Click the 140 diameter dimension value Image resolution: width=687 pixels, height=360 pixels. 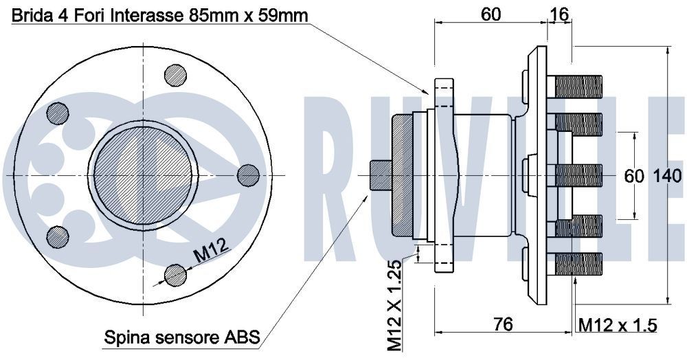668,176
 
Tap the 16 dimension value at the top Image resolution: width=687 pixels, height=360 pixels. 559,14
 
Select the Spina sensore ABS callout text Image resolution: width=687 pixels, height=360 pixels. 181,337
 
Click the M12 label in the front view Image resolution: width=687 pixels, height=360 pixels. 209,255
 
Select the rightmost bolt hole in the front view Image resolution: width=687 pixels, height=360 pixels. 248,175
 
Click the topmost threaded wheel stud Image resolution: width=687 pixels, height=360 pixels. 578,87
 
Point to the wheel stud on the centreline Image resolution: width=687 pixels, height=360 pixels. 578,175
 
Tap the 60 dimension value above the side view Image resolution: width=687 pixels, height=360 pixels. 490,14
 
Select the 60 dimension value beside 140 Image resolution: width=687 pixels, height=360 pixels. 633,176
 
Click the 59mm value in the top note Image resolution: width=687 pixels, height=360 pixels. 281,15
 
